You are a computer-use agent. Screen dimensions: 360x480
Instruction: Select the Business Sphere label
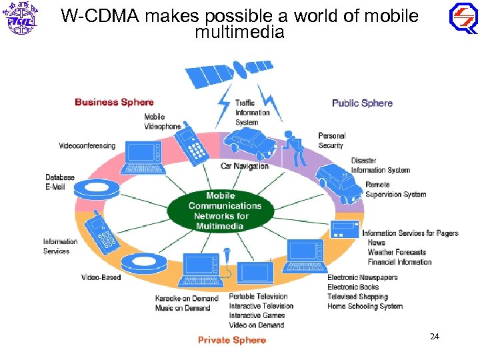point(114,102)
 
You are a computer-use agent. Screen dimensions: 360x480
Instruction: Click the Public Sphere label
point(362,103)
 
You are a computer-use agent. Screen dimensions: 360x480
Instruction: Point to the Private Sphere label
point(231,340)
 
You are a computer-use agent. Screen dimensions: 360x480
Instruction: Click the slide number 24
point(435,337)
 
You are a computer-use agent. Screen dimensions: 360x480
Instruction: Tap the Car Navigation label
point(245,166)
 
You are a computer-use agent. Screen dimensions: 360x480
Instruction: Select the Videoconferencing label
point(87,146)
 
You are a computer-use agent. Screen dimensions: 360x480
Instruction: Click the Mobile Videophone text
point(162,121)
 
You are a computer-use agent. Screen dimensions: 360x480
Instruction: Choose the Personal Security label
point(331,141)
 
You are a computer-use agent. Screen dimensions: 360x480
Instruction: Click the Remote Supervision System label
point(395,189)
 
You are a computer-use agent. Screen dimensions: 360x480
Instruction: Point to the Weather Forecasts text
point(396,252)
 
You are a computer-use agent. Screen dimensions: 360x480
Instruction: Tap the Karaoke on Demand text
point(187,298)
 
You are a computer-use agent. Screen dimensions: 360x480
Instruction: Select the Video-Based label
point(101,277)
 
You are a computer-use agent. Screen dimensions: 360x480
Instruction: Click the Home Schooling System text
point(365,306)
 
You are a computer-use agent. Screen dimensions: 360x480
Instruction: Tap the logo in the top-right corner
point(462,18)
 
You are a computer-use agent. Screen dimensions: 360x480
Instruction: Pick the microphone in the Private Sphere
point(227,257)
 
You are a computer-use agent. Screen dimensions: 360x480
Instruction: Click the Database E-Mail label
point(60,182)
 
